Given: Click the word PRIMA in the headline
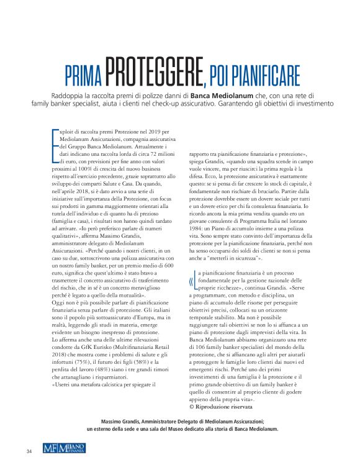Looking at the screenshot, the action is pos(84,76).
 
